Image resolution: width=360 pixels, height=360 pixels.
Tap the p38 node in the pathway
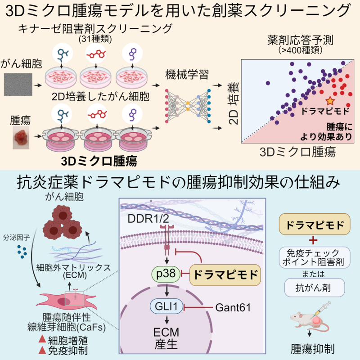pyautogui.click(x=166, y=273)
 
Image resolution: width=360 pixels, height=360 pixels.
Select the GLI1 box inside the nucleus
pyautogui.click(x=166, y=308)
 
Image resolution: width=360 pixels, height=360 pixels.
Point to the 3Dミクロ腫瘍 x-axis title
pyautogui.click(x=298, y=152)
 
